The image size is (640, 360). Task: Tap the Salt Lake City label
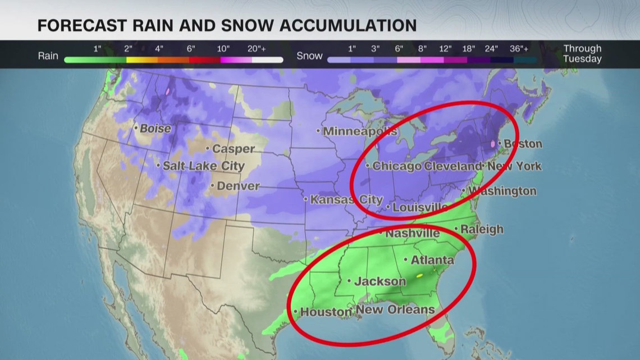coord(204,166)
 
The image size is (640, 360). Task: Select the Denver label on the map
coord(238,186)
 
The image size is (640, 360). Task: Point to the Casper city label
coord(233,149)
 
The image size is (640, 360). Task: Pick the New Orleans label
coord(395,310)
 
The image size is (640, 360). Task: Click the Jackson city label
coord(380,281)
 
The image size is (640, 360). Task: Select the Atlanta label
coord(432,260)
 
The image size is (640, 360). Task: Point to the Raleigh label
coord(482,230)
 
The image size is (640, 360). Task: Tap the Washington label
coord(502,192)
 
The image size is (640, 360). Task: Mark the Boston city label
coord(523,144)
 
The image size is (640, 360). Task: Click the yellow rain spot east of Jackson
coord(419,276)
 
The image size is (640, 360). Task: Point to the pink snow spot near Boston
coord(493,144)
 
